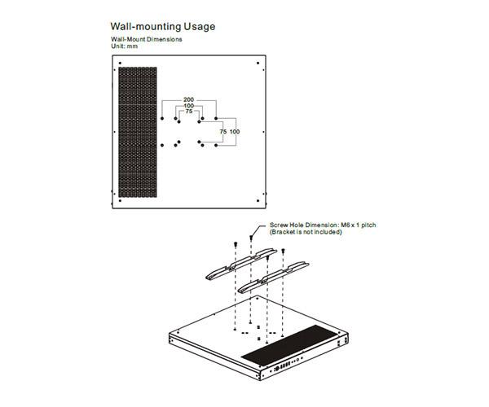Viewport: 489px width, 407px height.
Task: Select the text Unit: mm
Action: tap(125, 46)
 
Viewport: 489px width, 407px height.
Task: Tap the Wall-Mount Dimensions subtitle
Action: tap(147, 40)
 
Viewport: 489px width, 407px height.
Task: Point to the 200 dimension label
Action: tap(189, 99)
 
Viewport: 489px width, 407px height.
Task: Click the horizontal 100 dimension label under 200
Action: tap(189, 106)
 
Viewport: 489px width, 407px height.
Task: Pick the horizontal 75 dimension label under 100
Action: tap(189, 112)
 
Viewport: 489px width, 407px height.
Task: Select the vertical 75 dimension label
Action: tap(223, 131)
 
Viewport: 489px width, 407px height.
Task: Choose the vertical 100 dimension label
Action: tap(235, 131)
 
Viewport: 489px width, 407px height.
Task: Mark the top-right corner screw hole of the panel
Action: tap(258, 63)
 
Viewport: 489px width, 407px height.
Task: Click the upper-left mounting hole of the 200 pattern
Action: tap(163, 120)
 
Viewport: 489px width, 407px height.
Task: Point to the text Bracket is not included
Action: tap(307, 232)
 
